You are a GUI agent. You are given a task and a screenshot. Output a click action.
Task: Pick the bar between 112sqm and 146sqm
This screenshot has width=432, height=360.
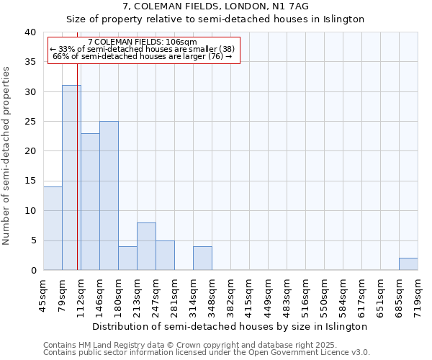[90, 202]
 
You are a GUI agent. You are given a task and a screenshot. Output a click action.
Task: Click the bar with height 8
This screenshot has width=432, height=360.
[146, 246]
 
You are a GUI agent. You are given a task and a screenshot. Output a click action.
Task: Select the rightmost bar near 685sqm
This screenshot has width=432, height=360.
[408, 264]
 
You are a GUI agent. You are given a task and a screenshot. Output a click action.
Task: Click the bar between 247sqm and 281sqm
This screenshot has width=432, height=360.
[165, 256]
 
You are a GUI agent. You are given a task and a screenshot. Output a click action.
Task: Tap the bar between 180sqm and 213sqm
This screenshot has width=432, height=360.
[127, 258]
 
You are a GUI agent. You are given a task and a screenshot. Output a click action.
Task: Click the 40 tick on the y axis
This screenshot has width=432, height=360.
[30, 32]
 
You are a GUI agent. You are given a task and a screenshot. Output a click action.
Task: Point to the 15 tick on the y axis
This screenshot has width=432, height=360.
[30, 181]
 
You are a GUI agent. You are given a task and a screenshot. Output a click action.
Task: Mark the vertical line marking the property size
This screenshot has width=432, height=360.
[78, 180]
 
